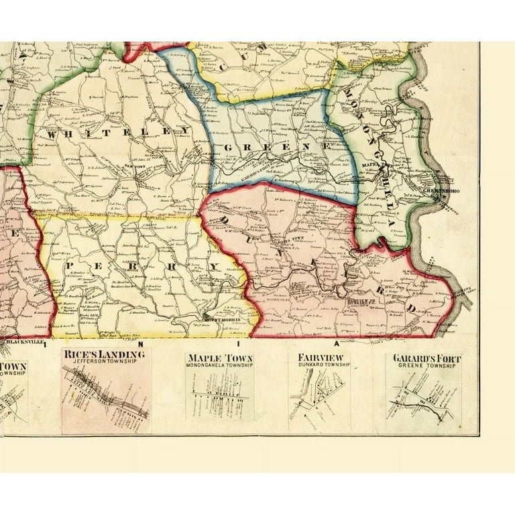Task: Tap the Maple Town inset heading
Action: (219, 357)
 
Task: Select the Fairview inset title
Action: (320, 357)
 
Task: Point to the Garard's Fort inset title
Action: (424, 357)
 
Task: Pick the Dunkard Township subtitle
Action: (320, 365)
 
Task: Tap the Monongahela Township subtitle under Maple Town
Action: (219, 365)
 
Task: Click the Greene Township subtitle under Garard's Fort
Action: (424, 365)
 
